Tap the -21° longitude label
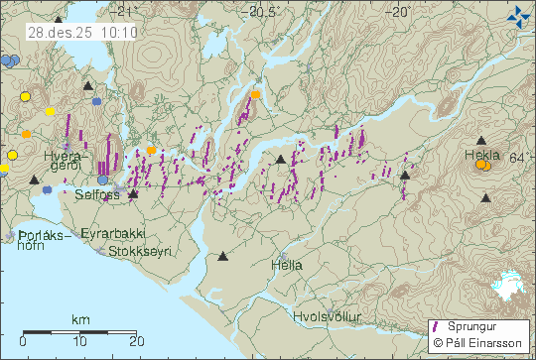coord(123,12)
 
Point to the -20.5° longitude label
coord(263,12)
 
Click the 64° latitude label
coord(518,158)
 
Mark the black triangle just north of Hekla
coord(481,142)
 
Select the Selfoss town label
coord(96,195)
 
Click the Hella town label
coord(286,265)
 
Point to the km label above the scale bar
coord(79,319)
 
